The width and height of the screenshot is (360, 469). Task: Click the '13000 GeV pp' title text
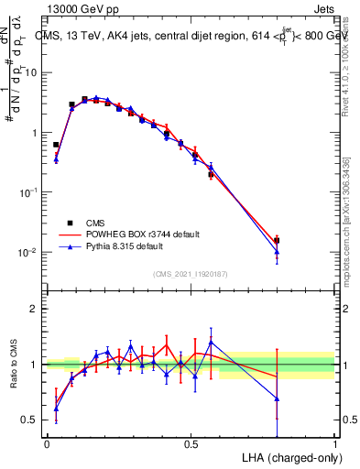click(76, 7)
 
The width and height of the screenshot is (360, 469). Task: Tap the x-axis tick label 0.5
click(191, 443)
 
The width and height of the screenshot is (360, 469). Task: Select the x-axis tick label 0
click(47, 443)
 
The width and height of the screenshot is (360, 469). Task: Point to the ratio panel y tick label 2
click(34, 309)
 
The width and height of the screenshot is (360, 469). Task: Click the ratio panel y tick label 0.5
click(29, 420)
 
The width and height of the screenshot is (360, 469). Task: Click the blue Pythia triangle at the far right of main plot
click(277, 252)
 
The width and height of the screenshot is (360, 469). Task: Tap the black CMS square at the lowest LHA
click(56, 145)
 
